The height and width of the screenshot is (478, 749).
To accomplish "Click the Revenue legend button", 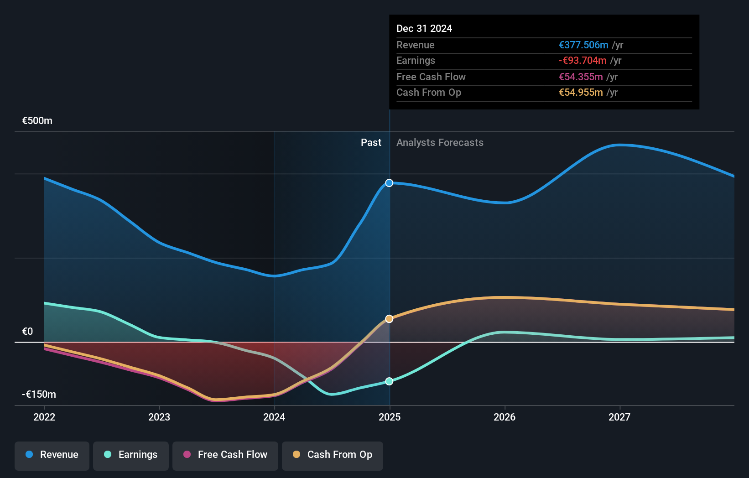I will pos(52,455).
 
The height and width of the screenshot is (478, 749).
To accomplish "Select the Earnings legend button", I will pos(131,455).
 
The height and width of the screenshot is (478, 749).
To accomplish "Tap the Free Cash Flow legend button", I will pos(225,455).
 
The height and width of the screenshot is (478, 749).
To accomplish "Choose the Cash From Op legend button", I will pos(333,455).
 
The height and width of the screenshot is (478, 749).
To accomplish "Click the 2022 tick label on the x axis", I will pos(44,417).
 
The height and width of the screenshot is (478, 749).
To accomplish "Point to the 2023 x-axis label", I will pos(159,417).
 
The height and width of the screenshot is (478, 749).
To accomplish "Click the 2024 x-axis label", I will pos(274,417).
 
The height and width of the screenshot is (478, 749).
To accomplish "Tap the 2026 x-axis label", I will pos(505,417).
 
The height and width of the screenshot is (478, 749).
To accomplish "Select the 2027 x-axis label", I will pos(619,417).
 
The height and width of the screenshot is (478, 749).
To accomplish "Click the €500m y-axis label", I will pos(37,121).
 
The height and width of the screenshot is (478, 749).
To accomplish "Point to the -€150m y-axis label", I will pos(39,395).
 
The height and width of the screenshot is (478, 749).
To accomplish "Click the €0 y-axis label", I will pos(27,332).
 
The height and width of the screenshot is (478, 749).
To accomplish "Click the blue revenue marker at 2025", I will pos(389,183).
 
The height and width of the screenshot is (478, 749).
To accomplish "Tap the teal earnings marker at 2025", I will pos(389,381).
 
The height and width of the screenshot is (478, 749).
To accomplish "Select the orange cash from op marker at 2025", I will pos(389,319).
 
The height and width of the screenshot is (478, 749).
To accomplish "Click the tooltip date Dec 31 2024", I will pos(424,29).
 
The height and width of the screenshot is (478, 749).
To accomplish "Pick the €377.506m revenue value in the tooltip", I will pos(583,45).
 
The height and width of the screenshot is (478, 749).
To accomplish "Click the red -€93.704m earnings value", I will pos(583,61).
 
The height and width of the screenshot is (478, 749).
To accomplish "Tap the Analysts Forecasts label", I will pos(440,143).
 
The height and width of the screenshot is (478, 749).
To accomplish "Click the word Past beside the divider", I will pos(371,143).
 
